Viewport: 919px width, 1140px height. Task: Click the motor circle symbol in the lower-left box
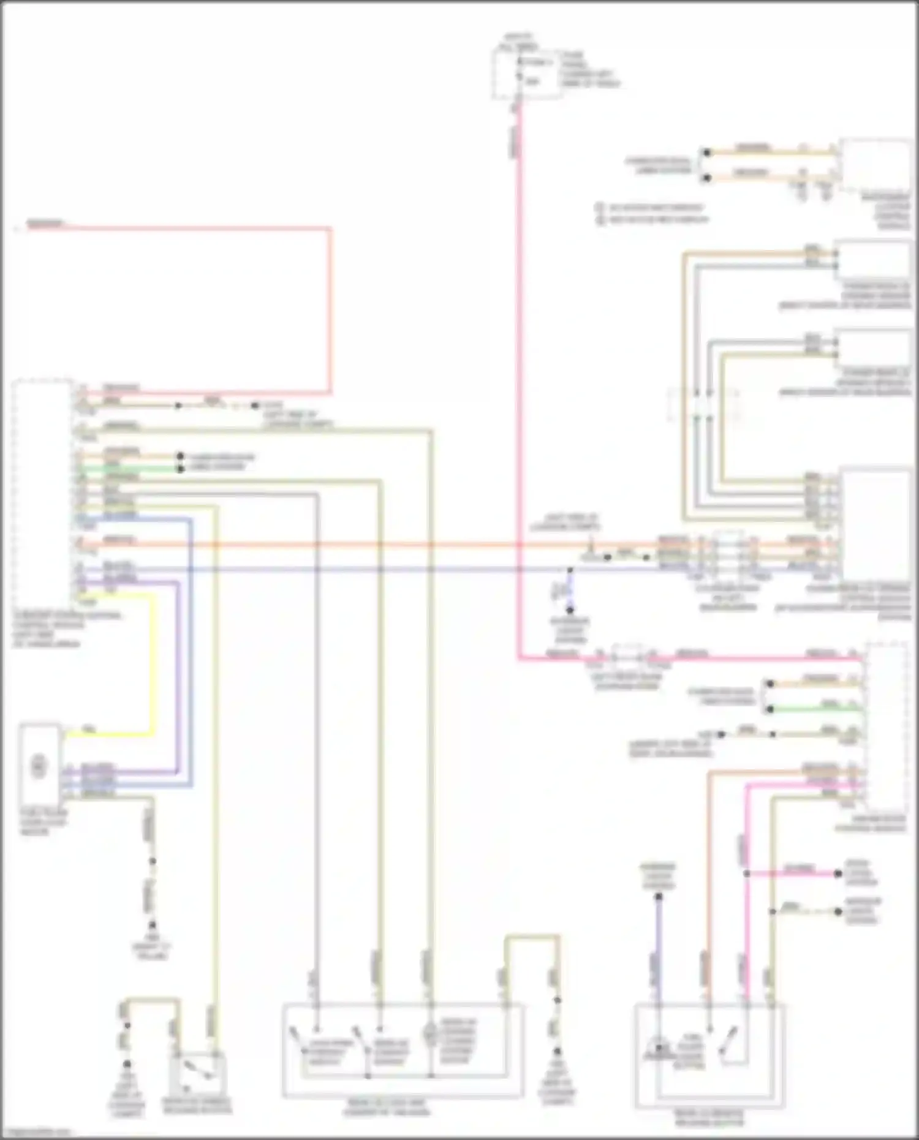(x=38, y=766)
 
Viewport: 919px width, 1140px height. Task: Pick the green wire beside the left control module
(x=123, y=469)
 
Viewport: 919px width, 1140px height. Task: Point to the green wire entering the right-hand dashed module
(x=815, y=709)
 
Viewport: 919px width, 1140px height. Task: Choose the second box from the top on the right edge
(x=872, y=260)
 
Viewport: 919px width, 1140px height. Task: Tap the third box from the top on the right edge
(x=872, y=349)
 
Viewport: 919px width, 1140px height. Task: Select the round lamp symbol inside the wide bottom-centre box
(x=430, y=1032)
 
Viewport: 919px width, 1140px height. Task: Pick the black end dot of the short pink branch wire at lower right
(x=838, y=874)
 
